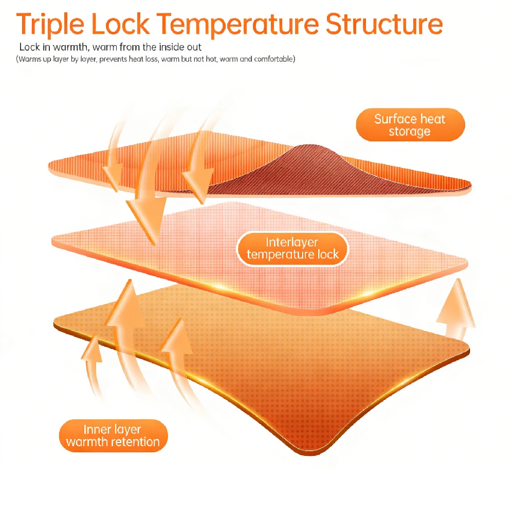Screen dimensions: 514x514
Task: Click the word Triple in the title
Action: pos(50,25)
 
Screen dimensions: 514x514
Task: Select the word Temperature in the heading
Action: pos(237,25)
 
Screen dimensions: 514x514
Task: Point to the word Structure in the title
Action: pos(384,24)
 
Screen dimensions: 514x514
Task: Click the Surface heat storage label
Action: pos(410,125)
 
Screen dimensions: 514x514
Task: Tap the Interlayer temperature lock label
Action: pos(292,248)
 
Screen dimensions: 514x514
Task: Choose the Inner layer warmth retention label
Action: pos(113,436)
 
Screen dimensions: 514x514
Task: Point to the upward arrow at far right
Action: pos(456,308)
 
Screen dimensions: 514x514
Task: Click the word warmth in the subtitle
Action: pos(70,47)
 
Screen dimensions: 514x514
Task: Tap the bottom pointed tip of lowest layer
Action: pos(310,454)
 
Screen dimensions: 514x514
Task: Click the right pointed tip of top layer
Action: pos(470,188)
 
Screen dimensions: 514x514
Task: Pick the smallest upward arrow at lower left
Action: pos(92,364)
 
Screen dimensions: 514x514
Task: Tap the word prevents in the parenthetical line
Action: pos(114,59)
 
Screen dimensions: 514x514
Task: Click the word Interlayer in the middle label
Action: pos(292,242)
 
